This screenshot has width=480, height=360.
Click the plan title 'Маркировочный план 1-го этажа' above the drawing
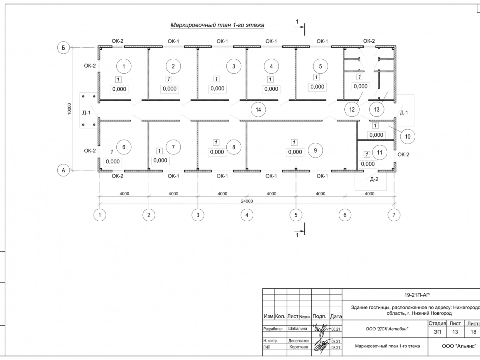[x=218, y=25]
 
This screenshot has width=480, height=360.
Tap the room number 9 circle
[x=315, y=150]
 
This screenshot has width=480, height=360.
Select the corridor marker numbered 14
[x=258, y=109]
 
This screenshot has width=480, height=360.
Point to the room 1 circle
[x=124, y=66]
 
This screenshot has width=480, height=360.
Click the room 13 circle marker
[x=376, y=109]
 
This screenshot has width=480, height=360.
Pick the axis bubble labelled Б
[x=63, y=47]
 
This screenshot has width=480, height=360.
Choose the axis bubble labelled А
[x=63, y=171]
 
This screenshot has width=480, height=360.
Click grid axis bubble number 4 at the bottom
[x=247, y=215]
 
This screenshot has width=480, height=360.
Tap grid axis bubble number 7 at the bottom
[x=394, y=215]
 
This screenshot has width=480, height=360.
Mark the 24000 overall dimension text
[x=247, y=201]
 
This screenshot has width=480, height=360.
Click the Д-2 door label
[x=374, y=179]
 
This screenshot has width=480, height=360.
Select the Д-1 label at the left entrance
[x=86, y=113]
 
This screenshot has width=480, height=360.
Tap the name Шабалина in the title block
[x=298, y=329]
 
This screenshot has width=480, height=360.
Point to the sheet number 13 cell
[x=455, y=332]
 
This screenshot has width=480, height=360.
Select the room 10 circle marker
[x=408, y=136]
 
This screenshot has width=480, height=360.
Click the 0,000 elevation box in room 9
[x=295, y=152]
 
